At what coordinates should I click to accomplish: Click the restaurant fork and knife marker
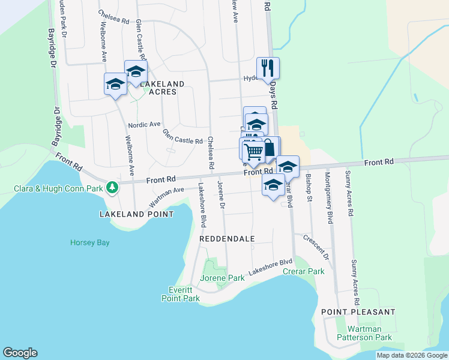click(268, 68)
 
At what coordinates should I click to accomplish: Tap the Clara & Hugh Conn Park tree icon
click(112, 188)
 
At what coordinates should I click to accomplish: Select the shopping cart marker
click(254, 152)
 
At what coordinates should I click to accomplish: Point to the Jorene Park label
click(222, 278)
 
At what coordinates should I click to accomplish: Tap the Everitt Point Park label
click(184, 294)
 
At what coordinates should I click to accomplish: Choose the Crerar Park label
click(303, 272)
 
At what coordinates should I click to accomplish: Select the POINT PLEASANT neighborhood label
click(358, 312)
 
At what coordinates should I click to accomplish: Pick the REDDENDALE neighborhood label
click(227, 239)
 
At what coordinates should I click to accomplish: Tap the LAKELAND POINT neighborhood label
click(136, 214)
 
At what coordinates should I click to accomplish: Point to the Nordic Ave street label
click(144, 125)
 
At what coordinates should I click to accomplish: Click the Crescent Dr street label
click(317, 247)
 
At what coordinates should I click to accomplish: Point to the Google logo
click(20, 353)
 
